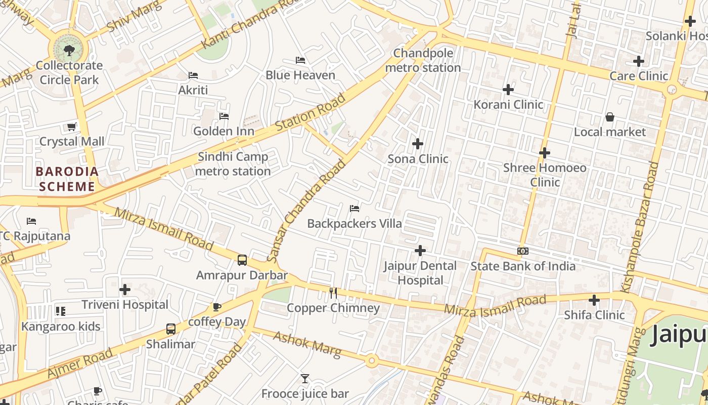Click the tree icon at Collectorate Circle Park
pos(69,50)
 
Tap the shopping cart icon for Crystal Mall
pos(72,127)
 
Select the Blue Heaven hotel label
pos(300,75)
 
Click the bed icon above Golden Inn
pos(224,116)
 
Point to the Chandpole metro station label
pos(423,60)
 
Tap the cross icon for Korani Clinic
pos(508,90)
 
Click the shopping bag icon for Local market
pos(610,117)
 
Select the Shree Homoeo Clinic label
pos(545,175)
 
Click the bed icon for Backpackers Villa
pos(355,208)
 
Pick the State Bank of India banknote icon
pos(523,251)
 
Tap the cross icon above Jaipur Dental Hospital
pos(420,251)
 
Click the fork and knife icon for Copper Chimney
pos(333,293)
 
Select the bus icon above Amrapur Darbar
pos(242,260)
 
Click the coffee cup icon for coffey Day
pos(217,307)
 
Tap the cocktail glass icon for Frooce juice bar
pos(304,378)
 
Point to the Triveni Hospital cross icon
pos(125,290)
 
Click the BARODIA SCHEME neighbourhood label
pos(67,179)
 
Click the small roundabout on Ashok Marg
pos(372,361)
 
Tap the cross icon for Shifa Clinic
pos(594,300)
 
